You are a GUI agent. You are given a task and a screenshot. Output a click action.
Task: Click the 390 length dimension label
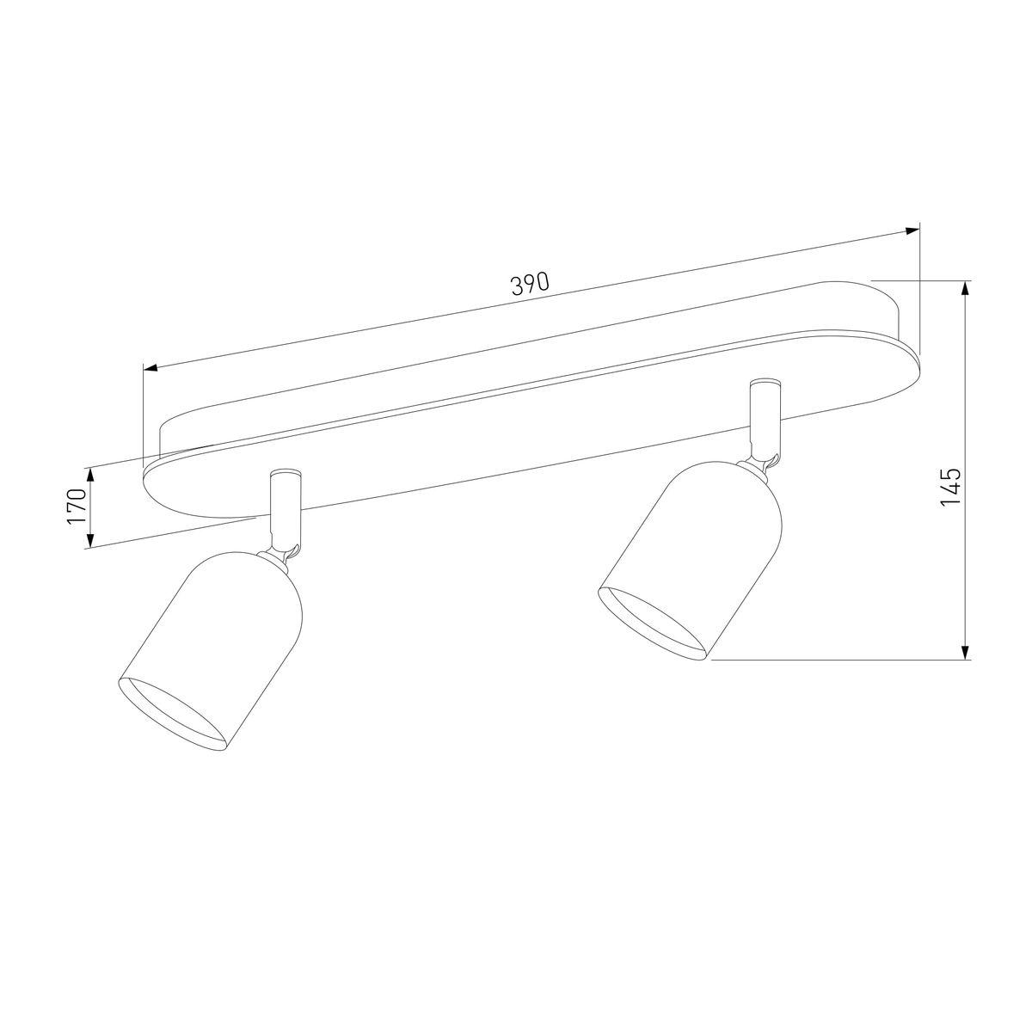530,285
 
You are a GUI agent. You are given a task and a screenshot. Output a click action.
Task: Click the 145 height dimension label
949,487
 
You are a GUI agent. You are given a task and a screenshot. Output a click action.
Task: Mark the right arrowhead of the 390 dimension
912,231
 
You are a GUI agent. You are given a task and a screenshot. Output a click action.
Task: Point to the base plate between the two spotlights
516,430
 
